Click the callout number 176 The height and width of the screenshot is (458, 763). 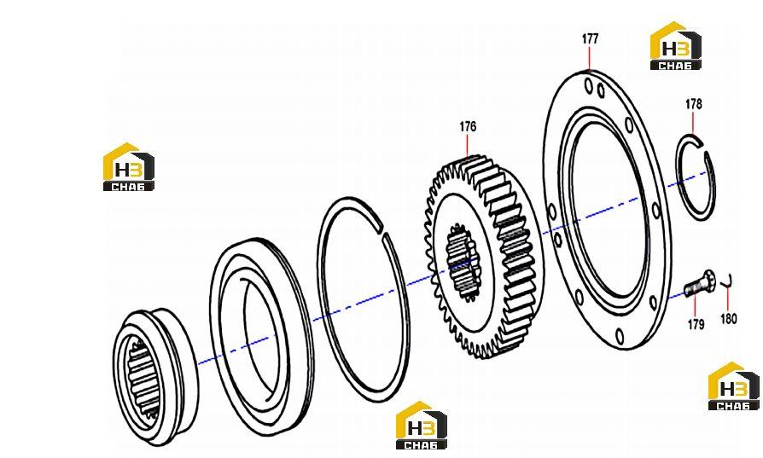coord(468,127)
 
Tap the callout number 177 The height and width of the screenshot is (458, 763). coord(590,39)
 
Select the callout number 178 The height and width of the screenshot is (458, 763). coord(693,104)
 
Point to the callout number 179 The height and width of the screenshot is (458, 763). coord(696,324)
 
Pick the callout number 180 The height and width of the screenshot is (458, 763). coord(729,319)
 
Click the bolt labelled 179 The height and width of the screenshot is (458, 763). coord(699,283)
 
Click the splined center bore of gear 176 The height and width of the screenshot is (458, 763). coord(461,263)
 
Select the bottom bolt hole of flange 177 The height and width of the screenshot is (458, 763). coord(619,335)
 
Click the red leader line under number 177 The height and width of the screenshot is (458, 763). coord(589,57)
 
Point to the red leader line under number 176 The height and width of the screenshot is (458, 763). coord(467,145)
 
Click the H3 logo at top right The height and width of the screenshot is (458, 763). coord(675,46)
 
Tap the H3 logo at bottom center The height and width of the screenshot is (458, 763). coord(422,426)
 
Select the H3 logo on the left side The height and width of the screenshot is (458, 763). coord(129,166)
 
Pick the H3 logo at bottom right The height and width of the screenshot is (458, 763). coord(734,386)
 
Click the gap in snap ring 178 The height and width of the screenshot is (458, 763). coord(704,148)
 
